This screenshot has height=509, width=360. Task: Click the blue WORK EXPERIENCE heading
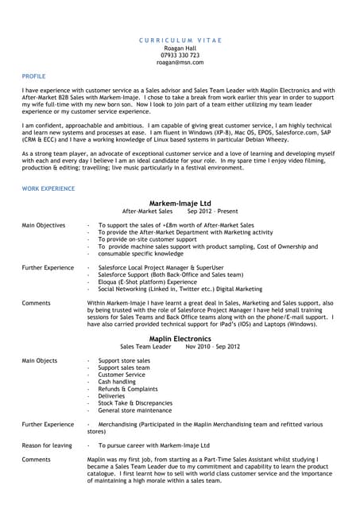click(48, 188)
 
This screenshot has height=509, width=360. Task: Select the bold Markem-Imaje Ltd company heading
click(180, 204)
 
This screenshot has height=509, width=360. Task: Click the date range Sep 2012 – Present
click(212, 212)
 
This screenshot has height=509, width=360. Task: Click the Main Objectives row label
click(44, 226)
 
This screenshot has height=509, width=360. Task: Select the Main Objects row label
click(40, 360)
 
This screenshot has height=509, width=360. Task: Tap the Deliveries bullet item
click(112, 395)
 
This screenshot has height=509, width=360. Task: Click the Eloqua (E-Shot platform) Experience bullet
click(147, 282)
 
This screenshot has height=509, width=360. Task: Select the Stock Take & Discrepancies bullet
click(135, 402)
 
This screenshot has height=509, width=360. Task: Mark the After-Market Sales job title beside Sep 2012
click(147, 212)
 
